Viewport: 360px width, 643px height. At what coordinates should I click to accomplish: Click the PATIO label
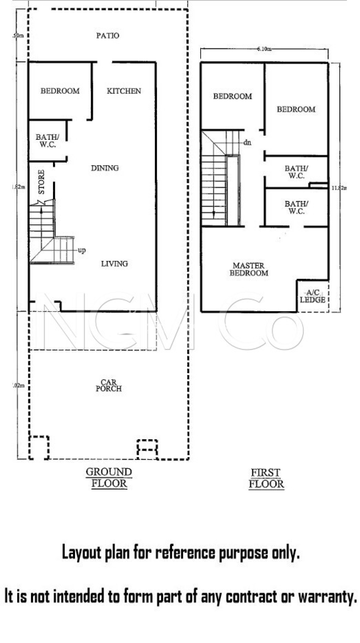[108, 35]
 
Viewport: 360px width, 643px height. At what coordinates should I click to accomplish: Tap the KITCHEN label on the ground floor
[124, 91]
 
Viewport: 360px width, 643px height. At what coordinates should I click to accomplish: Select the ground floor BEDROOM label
[60, 91]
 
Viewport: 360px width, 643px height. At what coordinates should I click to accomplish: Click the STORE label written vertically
[41, 182]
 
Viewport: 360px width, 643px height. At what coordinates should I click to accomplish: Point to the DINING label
[105, 168]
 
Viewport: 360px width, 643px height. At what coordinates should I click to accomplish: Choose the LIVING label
[114, 264]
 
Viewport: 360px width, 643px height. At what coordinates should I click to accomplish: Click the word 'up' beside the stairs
[82, 251]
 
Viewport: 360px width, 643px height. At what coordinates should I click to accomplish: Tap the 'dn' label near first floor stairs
[247, 143]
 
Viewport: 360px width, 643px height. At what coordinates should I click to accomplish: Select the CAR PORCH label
[109, 386]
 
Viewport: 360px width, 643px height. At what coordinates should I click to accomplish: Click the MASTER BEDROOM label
[249, 269]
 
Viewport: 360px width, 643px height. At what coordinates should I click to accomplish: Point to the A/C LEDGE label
[312, 296]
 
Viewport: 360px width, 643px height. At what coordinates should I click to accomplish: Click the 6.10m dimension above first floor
[264, 49]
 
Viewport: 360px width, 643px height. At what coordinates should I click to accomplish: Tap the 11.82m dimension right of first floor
[339, 188]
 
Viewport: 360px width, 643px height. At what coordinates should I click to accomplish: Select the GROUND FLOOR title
[109, 478]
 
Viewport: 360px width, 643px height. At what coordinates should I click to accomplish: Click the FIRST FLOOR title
[266, 478]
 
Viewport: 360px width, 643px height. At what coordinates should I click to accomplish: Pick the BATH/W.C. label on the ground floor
[47, 141]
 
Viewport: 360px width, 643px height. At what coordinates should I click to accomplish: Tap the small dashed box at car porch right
[147, 449]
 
